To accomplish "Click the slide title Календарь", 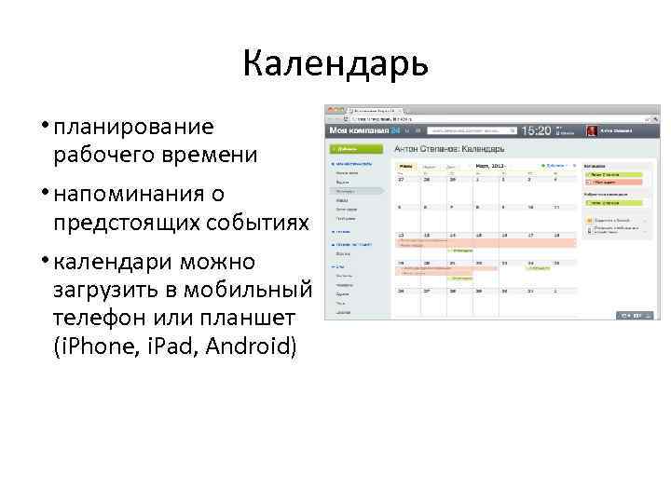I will coord(335,63).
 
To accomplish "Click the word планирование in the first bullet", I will coord(133,127).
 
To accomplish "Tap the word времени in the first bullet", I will coord(212,155).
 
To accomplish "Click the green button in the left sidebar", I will coord(344,149).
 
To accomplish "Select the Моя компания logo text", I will coord(354,132).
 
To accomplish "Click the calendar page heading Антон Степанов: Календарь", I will coord(448,149).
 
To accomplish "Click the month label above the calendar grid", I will coord(489,165).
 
